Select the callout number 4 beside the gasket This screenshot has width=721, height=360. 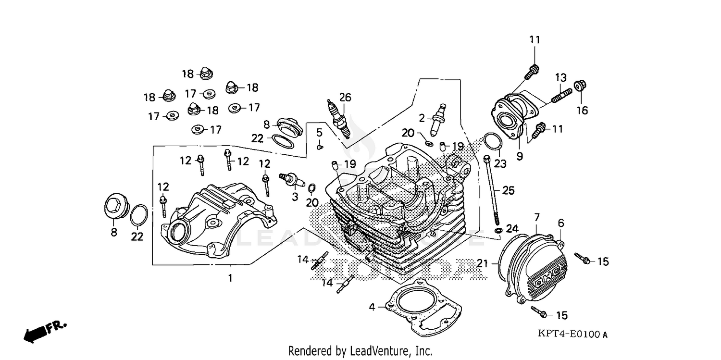372,307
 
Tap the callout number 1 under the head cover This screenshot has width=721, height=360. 230,278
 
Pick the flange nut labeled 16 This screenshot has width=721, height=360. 580,86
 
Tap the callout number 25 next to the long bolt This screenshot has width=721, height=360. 509,190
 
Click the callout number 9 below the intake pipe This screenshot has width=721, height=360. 520,156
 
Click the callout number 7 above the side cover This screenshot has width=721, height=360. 537,218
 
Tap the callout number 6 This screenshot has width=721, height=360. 560,223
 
